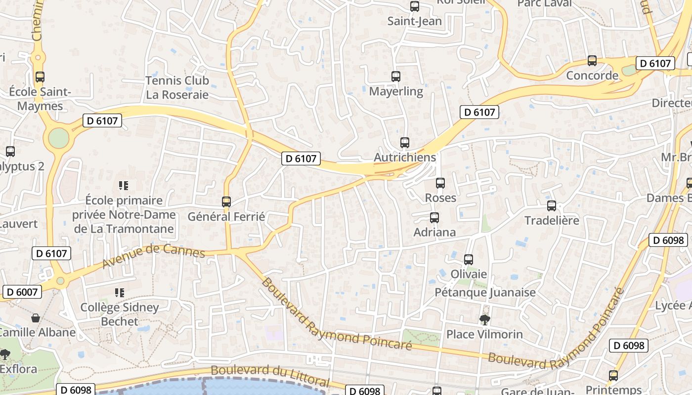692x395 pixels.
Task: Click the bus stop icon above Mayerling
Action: (x=395, y=77)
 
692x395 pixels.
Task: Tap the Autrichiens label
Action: (x=405, y=158)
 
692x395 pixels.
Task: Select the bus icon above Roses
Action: (x=440, y=183)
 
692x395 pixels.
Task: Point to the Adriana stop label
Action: (x=434, y=232)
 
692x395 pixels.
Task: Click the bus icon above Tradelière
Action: (x=552, y=206)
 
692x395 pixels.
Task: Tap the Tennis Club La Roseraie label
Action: (x=177, y=87)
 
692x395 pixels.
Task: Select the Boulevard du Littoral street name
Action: (x=270, y=375)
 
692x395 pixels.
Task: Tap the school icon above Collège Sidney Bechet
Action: (x=119, y=293)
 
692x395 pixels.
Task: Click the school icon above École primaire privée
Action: (x=124, y=186)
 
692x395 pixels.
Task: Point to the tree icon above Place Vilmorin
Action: (x=485, y=320)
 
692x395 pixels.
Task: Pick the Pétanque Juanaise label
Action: (x=485, y=292)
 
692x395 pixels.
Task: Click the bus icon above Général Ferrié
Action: (x=226, y=202)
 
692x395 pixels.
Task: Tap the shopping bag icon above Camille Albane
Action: (x=36, y=317)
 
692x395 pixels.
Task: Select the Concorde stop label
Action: (x=592, y=76)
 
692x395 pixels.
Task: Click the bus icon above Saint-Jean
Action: (x=415, y=6)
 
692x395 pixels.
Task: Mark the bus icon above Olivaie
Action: (x=469, y=259)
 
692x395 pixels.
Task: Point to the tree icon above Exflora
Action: (x=5, y=354)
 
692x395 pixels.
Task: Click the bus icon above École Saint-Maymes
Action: (x=40, y=77)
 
